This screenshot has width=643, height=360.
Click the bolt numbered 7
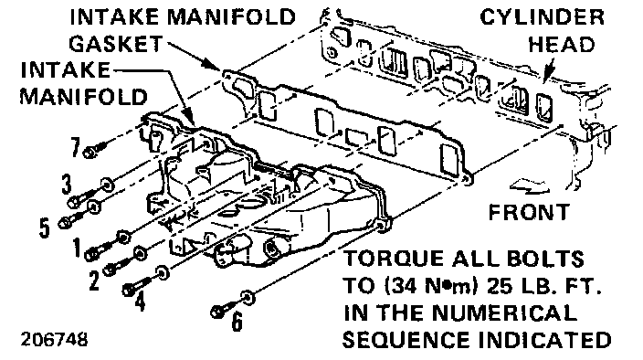pyautogui.click(x=95, y=150)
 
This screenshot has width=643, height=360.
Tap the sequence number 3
pyautogui.click(x=67, y=184)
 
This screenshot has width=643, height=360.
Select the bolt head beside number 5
pyautogui.click(x=65, y=223)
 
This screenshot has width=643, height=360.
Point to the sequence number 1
pyautogui.click(x=77, y=247)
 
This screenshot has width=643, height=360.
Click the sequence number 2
pyautogui.click(x=94, y=281)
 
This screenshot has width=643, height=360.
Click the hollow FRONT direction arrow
pyautogui.click(x=530, y=185)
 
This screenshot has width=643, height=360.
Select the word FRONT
pyautogui.click(x=529, y=212)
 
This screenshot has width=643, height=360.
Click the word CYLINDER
pyautogui.click(x=542, y=17)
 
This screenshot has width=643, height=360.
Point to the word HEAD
pyautogui.click(x=562, y=44)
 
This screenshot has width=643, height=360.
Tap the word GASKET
pyautogui.click(x=116, y=44)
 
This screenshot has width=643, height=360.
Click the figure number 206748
pyautogui.click(x=54, y=340)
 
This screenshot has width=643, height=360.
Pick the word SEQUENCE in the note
pyautogui.click(x=406, y=340)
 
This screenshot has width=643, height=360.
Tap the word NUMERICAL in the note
pyautogui.click(x=505, y=312)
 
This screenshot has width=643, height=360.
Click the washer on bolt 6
pyautogui.click(x=248, y=297)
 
